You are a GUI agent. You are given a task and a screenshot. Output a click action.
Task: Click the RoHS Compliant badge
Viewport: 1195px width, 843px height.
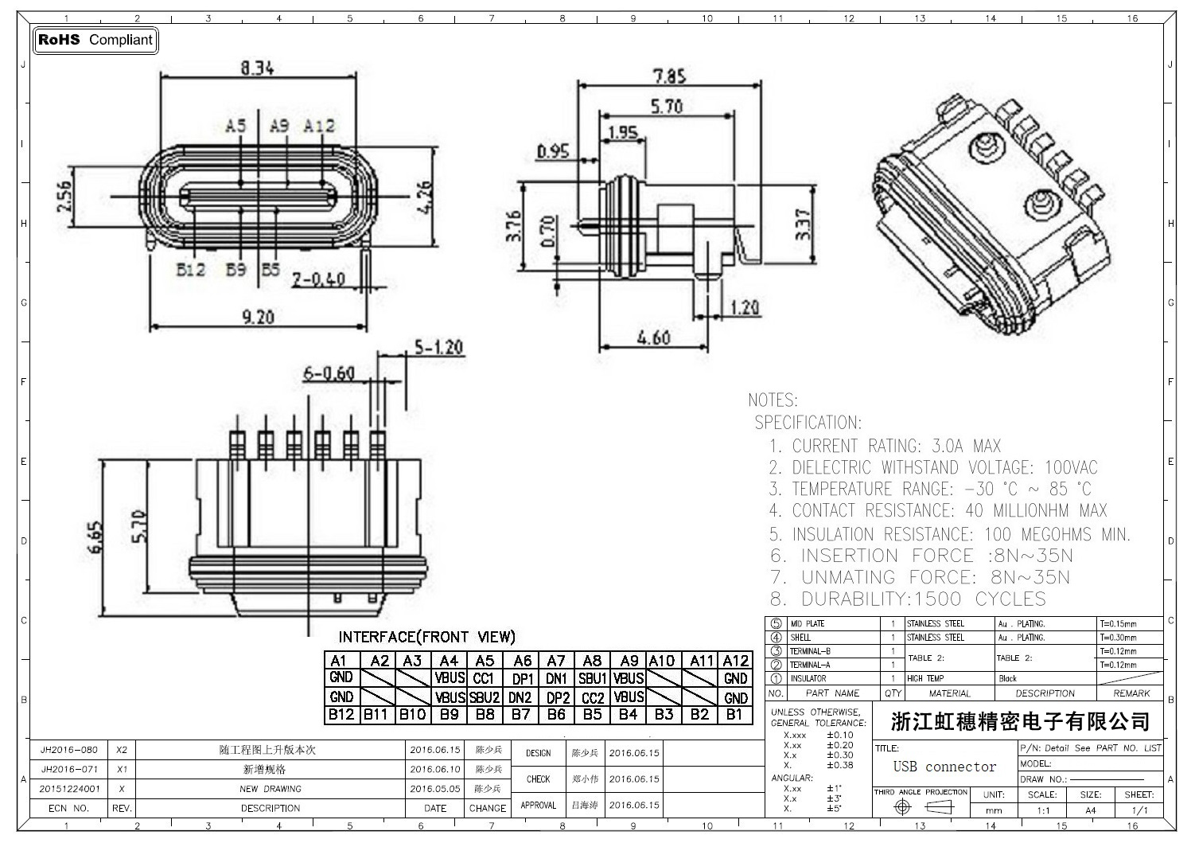[95, 40]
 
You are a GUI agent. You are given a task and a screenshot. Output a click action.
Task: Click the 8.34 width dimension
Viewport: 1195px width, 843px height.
[258, 68]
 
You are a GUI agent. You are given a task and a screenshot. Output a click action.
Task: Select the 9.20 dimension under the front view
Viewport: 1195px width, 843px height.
[258, 317]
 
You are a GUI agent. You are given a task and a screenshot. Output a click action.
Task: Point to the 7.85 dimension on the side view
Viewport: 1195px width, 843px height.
[669, 76]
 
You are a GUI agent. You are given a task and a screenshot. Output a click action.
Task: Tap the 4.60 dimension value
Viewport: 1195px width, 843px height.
[653, 338]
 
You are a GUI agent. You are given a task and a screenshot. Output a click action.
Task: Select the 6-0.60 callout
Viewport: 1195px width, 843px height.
[329, 373]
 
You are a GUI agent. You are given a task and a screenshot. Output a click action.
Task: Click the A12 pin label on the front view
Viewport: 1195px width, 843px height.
[320, 126]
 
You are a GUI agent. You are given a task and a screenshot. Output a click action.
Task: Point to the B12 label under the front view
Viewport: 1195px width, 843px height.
[191, 270]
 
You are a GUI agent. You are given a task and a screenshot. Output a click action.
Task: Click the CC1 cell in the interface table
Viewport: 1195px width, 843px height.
[484, 678]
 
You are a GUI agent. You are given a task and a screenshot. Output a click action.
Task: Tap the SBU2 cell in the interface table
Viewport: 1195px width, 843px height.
[484, 697]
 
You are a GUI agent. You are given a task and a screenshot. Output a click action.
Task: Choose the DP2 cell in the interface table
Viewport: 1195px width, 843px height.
[557, 697]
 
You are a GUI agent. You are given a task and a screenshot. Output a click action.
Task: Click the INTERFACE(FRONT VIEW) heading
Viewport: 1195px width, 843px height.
[426, 637]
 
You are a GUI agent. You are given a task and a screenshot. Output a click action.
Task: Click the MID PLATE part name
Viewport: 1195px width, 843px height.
[808, 624]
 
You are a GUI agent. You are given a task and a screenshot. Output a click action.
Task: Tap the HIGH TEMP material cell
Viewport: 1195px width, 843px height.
[924, 679]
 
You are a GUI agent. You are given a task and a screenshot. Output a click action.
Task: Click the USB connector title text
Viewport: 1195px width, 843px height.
[944, 767]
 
